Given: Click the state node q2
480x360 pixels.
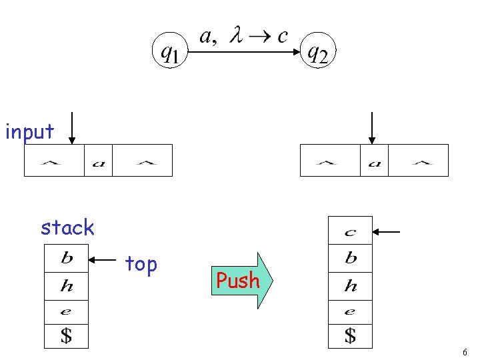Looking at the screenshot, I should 317,51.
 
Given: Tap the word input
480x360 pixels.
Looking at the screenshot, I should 29,132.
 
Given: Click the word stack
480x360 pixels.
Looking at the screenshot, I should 67,228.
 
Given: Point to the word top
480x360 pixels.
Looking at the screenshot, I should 141,265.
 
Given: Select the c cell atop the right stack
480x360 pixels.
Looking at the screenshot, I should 350,232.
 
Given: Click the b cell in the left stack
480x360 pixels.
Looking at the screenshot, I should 67,258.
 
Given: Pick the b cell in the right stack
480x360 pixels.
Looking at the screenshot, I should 350,259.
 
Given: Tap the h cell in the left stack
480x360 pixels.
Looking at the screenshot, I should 67,287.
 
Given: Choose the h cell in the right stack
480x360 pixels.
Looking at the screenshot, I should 350,287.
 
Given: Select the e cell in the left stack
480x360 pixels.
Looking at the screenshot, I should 67,311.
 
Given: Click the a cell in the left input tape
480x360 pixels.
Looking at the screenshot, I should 98,161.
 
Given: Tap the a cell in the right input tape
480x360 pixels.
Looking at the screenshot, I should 374,161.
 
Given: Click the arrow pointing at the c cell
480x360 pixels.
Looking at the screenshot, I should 387,232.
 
